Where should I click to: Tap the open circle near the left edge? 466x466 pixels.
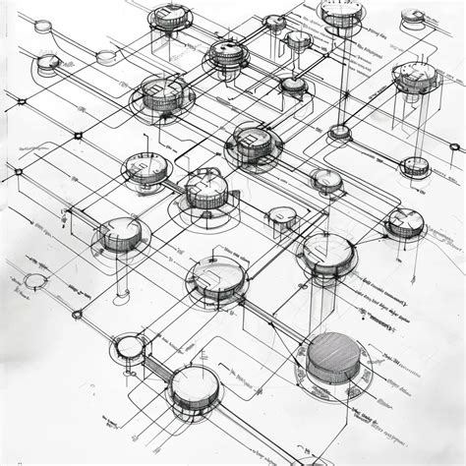35,282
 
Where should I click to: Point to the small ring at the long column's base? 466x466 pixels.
339,131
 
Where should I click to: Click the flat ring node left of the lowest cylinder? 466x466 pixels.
127,346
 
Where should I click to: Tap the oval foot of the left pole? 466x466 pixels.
118,294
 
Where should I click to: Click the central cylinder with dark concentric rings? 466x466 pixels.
255,142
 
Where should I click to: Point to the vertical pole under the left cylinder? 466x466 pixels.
118,270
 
